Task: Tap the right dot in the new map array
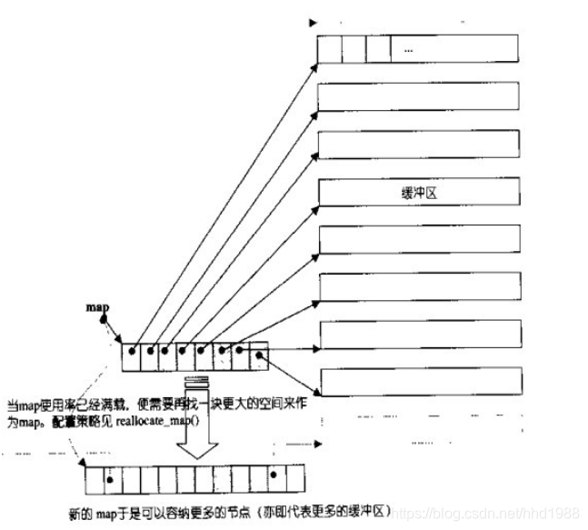click(x=272, y=473)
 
